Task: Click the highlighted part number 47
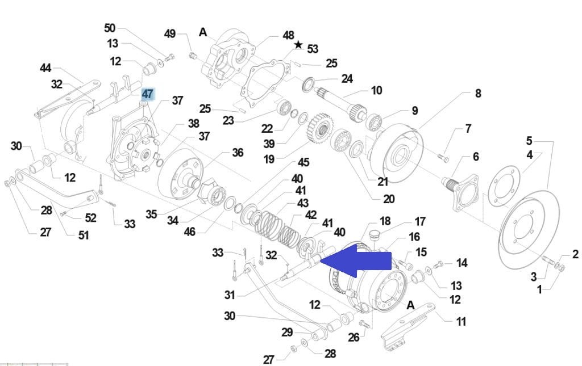point(148,94)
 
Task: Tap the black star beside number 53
point(298,45)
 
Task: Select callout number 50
point(110,28)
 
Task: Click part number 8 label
point(478,93)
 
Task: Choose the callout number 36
point(238,153)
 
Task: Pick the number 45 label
point(304,163)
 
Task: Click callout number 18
point(385,221)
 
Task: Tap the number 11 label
point(461,322)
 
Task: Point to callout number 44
point(45,68)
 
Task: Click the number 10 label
point(376,90)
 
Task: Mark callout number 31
point(229,295)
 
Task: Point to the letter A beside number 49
point(203,32)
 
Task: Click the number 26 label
point(354,338)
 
